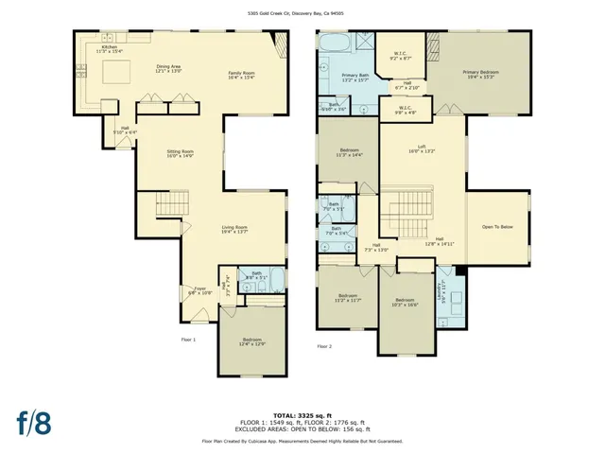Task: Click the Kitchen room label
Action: [110, 48]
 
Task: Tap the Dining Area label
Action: [169, 68]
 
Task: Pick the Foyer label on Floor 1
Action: [200, 290]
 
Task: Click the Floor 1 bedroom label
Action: [251, 340]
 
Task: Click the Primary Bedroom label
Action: [481, 74]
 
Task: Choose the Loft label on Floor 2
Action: [422, 148]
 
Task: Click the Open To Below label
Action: [497, 227]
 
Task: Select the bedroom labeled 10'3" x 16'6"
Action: [404, 303]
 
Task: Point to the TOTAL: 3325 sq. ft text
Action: [302, 415]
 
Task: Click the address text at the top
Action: [302, 13]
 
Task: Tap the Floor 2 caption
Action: [324, 347]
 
